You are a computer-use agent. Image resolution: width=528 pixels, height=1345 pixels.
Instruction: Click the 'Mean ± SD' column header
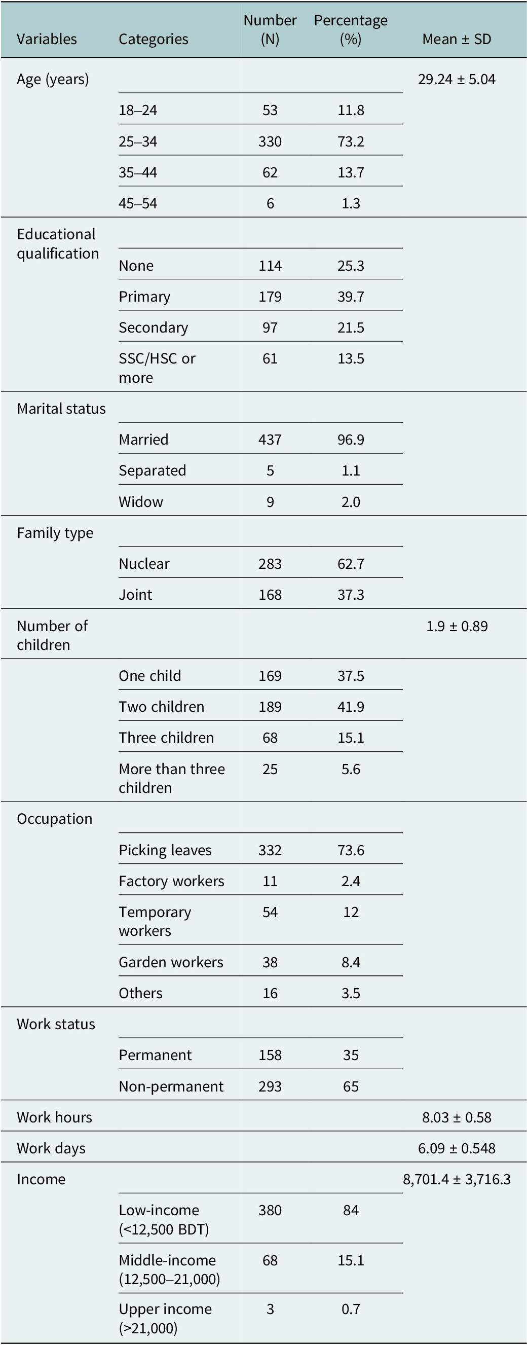457,39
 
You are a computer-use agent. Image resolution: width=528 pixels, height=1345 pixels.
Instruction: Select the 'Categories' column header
154,39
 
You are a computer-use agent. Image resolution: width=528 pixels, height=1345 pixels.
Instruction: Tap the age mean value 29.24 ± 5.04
457,80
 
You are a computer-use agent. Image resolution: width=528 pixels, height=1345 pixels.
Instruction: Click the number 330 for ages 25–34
270,141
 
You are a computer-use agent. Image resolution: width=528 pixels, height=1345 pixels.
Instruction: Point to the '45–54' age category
138,204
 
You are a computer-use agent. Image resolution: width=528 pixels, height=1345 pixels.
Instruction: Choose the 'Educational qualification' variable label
57,244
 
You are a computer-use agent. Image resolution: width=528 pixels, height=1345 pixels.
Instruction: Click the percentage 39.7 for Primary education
351,297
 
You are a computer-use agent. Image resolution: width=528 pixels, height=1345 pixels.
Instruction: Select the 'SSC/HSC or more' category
157,368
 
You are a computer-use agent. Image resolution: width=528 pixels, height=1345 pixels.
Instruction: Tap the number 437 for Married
270,440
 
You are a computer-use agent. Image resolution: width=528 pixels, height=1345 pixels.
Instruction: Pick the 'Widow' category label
141,502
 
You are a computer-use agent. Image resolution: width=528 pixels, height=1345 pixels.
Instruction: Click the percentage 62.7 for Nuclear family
351,564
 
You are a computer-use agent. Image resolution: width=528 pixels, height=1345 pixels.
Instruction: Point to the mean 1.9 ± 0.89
457,626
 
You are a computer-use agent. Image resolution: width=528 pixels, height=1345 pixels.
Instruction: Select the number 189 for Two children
270,707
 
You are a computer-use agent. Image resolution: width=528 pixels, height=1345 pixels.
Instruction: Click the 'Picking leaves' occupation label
165,851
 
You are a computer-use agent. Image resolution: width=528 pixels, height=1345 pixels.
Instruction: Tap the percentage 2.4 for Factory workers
351,881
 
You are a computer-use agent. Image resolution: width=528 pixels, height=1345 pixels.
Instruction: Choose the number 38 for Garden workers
270,962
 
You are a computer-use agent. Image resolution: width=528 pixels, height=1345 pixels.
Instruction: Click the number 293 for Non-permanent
270,1086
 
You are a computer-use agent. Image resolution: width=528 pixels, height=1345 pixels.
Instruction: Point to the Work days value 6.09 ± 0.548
457,1149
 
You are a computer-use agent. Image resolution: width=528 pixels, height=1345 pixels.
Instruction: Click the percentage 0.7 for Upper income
351,1310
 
